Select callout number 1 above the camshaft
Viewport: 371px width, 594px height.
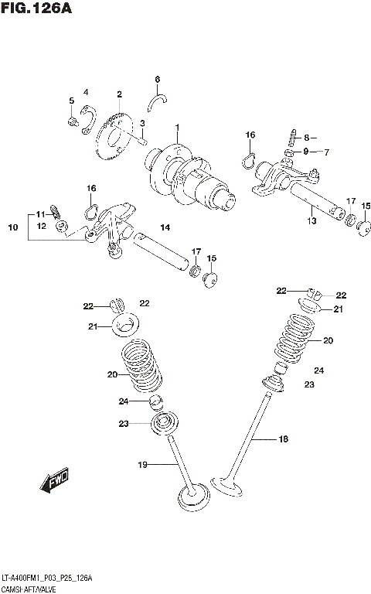(176, 128)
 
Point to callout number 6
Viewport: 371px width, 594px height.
(157, 79)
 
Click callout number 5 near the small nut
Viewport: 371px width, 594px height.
(71, 101)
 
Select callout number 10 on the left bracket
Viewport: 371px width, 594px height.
(12, 227)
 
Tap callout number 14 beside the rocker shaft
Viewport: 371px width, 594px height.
(164, 227)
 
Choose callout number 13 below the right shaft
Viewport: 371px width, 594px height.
(311, 221)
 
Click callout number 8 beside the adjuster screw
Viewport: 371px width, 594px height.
(306, 138)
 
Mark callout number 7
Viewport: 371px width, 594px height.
(327, 152)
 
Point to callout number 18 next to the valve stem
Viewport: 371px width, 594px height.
(283, 439)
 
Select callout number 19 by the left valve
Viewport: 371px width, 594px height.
(142, 464)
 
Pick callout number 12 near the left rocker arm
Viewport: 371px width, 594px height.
(42, 226)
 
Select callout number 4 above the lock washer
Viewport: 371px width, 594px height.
(86, 93)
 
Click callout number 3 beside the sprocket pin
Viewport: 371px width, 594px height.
(142, 124)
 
